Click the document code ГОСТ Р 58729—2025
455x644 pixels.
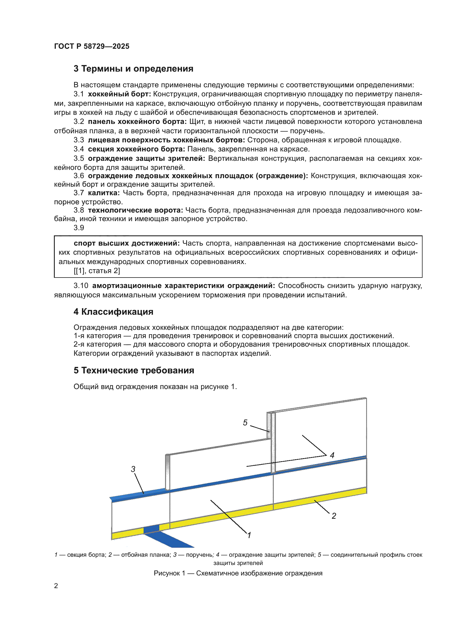[92, 46]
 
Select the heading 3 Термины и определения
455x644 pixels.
[133, 69]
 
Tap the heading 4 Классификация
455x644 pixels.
[113, 312]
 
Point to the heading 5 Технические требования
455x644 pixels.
[134, 370]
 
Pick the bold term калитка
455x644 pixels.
[104, 193]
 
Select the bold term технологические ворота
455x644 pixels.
[135, 210]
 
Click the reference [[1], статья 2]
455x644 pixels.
[97, 271]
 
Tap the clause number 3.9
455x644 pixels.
[79, 228]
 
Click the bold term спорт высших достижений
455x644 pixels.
[127, 243]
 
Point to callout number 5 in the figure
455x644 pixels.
[245, 423]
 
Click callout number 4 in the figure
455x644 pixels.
[332, 455]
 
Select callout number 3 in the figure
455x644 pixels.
[133, 469]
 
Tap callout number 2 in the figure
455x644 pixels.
[334, 516]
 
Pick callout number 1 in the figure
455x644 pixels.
[249, 535]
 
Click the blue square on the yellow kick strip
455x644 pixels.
[151, 529]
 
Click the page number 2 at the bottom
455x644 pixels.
[56, 586]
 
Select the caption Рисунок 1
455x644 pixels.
[238, 573]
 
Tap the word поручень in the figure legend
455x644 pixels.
[199, 555]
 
